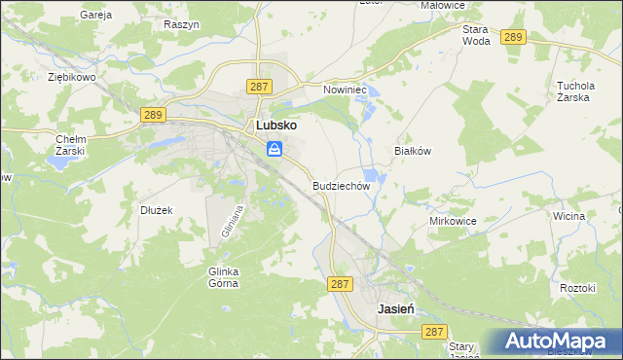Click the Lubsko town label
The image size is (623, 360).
(275, 126)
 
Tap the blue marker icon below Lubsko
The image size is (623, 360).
(275, 149)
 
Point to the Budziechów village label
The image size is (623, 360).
(342, 185)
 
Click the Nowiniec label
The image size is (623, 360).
(344, 89)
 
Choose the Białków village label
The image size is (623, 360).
(411, 152)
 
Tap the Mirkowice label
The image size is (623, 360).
(453, 221)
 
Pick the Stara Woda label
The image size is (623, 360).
(476, 36)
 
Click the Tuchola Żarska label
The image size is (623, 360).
(574, 90)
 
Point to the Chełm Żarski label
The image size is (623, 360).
(71, 145)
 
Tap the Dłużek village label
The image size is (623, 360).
(156, 209)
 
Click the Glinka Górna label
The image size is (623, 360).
(223, 277)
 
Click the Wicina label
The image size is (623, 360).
(568, 215)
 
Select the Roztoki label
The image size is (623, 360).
(577, 288)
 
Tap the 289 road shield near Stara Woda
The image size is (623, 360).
(514, 37)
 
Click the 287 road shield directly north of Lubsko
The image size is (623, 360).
(259, 87)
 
